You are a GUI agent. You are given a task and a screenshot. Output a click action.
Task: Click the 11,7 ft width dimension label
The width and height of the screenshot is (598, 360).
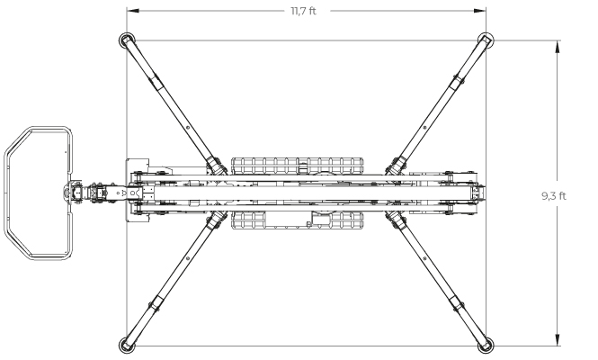point(304,11)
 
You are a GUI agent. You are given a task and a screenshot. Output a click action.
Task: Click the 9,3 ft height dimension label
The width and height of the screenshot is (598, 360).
point(554,196)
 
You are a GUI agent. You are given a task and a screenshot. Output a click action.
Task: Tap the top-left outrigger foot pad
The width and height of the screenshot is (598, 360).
point(127,40)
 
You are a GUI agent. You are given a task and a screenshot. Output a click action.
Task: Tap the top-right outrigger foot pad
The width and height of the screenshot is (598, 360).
point(486,40)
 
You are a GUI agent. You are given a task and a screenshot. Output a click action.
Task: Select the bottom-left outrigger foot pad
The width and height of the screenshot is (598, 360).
point(127,346)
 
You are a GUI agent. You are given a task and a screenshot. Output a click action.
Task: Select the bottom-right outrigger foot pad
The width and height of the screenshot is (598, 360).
point(486,346)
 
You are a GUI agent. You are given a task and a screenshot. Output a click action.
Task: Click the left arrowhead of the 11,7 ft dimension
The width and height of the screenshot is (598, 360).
point(133,11)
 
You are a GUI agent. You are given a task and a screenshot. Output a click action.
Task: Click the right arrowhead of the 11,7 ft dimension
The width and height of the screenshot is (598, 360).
point(480,11)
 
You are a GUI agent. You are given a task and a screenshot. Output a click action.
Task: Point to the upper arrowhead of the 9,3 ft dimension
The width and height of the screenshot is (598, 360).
point(558,47)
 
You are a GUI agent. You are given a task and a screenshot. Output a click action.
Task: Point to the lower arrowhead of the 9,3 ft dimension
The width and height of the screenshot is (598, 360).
point(558,340)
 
